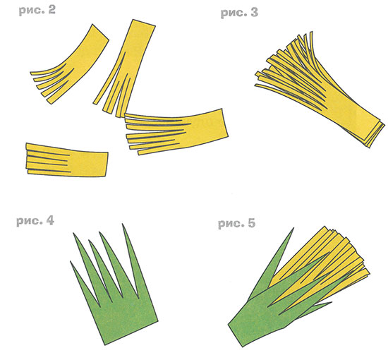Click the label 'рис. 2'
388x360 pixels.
point(37,11)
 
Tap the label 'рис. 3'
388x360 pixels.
point(239,13)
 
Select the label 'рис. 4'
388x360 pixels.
point(35,221)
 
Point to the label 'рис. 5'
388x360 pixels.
point(236,223)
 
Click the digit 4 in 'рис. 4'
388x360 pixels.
point(50,221)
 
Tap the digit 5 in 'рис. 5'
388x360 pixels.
point(251,223)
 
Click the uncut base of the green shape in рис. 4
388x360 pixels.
point(123,318)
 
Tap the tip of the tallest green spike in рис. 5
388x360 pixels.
point(293,228)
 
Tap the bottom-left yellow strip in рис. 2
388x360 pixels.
point(67,160)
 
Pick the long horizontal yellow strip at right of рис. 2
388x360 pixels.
point(176,131)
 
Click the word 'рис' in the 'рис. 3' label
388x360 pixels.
point(231,13)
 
